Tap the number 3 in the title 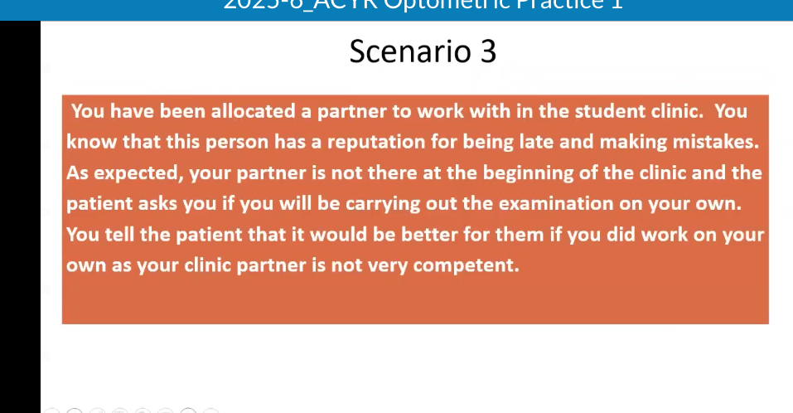[x=488, y=51]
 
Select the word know [x=90, y=141]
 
